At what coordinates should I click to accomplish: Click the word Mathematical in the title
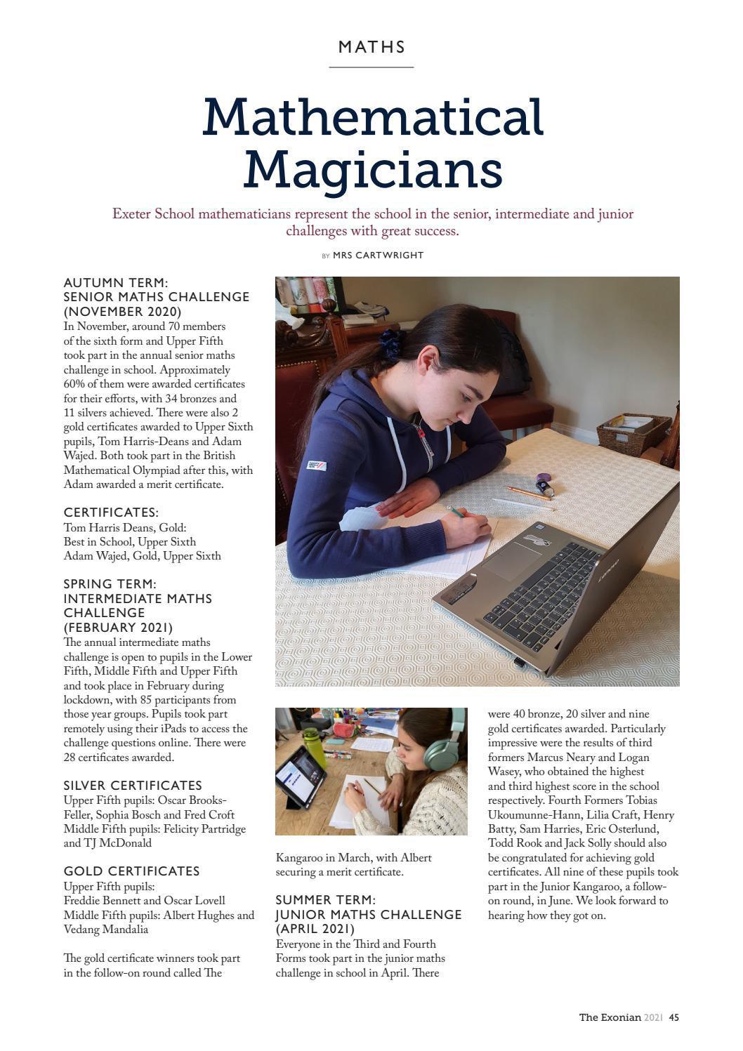(373, 117)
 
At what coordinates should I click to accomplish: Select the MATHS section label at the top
(371, 47)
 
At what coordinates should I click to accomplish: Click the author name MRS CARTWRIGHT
(378, 256)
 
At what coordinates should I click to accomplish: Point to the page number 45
(673, 1017)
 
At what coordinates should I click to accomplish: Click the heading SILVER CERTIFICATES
(133, 786)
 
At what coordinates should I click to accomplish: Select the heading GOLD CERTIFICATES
(131, 871)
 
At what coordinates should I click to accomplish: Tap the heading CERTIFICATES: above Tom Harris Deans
(111, 513)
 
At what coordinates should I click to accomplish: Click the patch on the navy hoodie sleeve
(314, 466)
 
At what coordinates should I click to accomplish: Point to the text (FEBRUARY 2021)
(118, 628)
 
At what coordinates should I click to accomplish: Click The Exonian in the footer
(610, 1017)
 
